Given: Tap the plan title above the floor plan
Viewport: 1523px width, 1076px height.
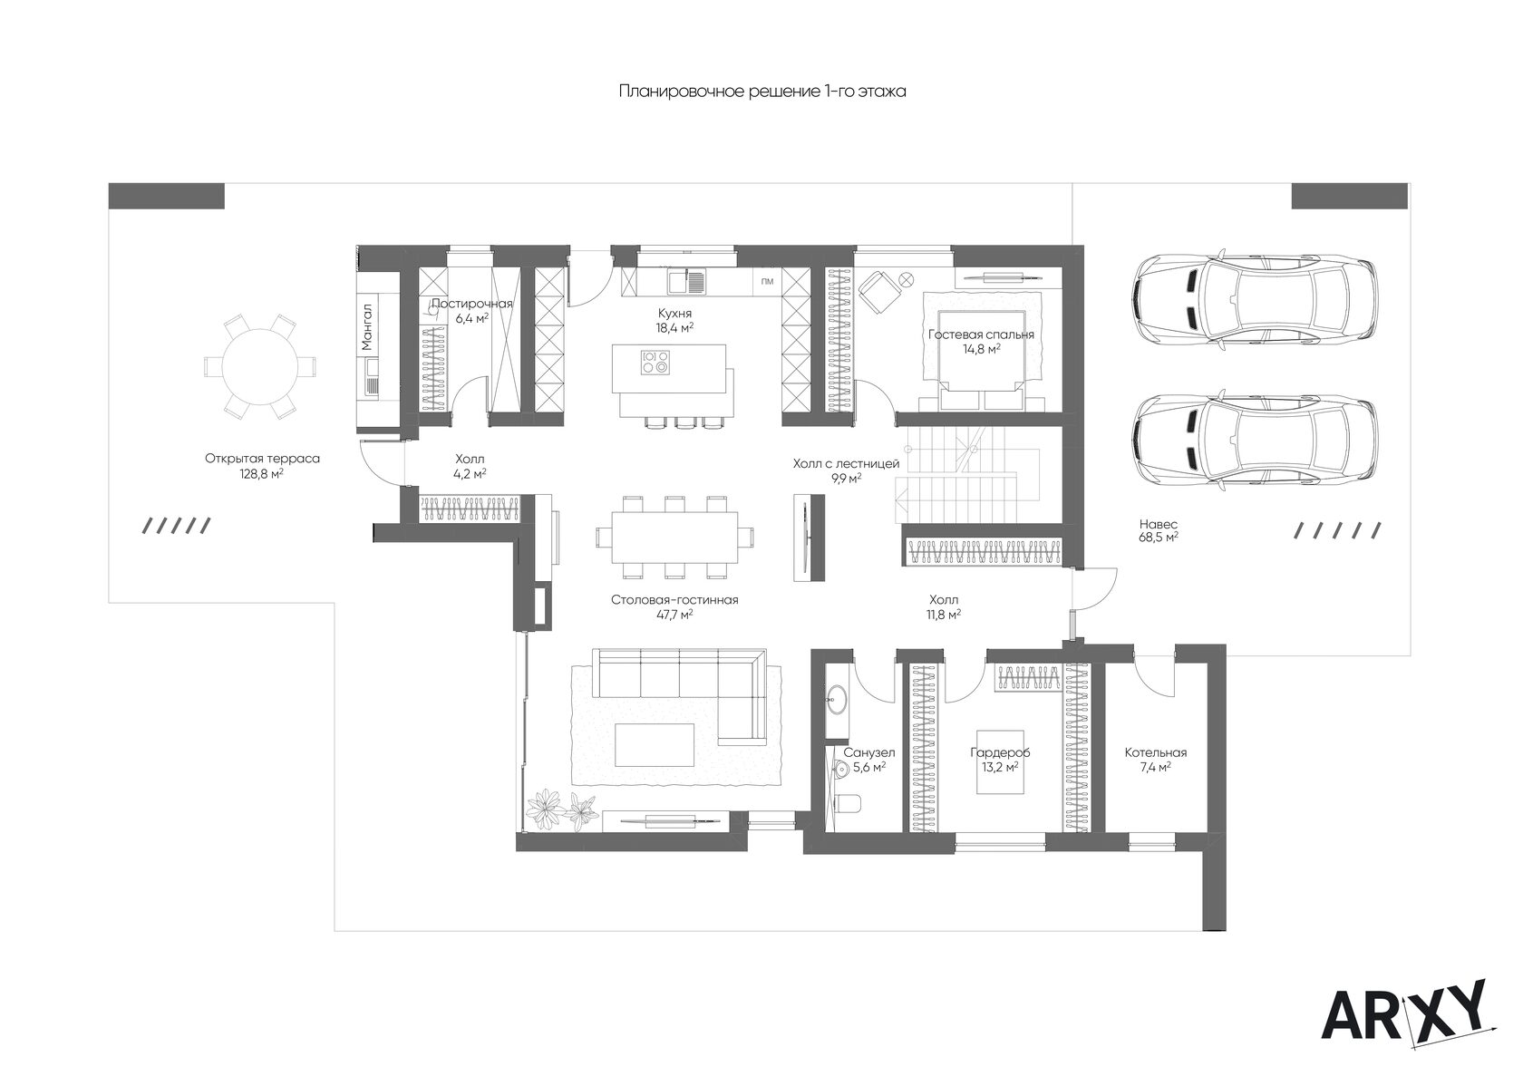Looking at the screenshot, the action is coord(762,92).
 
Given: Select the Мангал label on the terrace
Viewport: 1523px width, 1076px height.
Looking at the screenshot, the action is coord(367,327).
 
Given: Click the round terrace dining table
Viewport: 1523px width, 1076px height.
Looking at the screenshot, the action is coord(260,366).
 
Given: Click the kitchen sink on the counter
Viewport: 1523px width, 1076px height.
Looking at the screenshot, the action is coord(687,281).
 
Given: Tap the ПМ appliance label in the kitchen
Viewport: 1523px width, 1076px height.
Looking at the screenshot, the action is coord(767,282).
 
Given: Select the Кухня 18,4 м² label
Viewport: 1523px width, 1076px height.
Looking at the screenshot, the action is coord(674,320).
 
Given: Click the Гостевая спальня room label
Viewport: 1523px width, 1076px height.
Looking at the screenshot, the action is coord(981,341).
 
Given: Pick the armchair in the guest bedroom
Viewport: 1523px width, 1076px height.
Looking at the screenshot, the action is coord(880,292).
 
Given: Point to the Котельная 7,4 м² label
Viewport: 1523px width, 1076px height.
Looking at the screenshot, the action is coord(1156,760).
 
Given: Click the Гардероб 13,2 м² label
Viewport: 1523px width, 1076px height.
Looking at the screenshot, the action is coord(999,760).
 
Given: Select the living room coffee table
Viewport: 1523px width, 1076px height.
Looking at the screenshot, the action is coord(655,744).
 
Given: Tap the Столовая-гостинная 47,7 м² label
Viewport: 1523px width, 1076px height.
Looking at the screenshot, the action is coord(674,607).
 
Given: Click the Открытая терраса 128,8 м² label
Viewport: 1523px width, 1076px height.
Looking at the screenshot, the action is coord(263,466).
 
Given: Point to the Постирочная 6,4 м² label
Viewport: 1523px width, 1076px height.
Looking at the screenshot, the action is coord(471,311).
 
